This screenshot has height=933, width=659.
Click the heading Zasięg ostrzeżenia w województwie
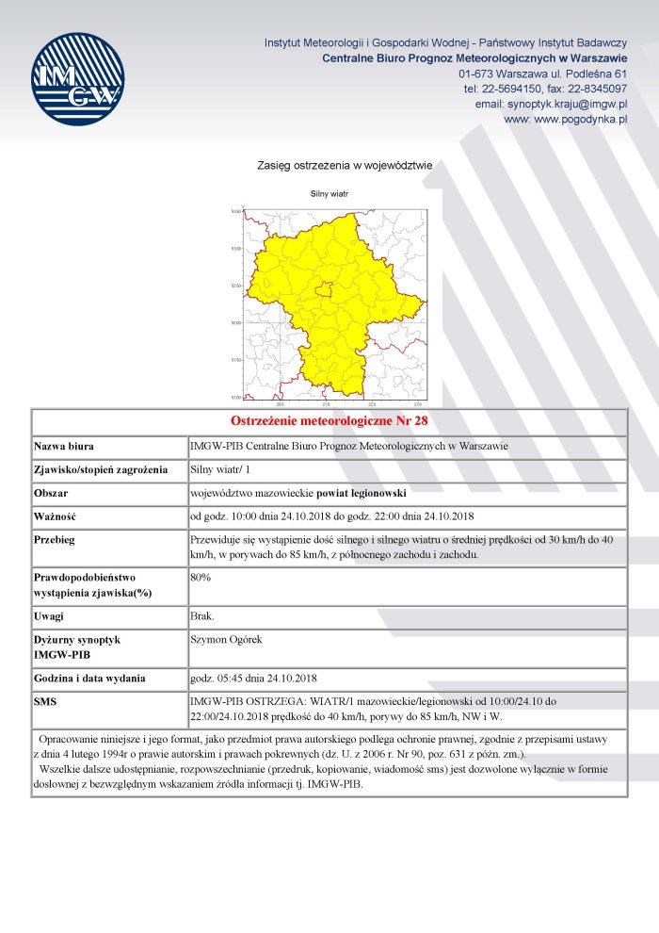coord(345,166)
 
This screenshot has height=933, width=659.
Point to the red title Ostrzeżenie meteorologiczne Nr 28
coord(329,420)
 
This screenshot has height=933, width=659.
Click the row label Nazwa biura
coord(64,446)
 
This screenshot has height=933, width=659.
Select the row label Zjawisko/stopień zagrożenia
coord(101,469)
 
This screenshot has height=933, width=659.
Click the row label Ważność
coord(55,516)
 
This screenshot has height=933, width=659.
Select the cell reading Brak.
coord(202,615)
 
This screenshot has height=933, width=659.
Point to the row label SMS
coord(46,702)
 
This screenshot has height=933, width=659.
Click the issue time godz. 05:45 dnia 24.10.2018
coord(253,678)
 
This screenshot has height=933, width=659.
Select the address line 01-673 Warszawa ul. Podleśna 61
coord(543,74)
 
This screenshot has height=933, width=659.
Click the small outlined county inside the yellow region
coord(324,289)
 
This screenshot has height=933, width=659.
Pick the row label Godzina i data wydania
coord(89,678)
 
